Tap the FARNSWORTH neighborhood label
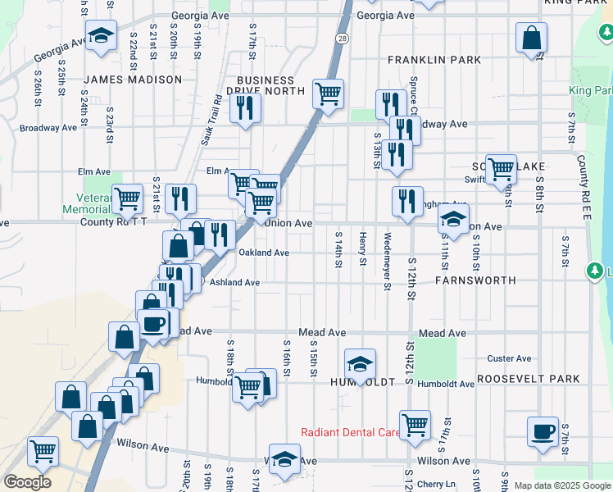point(475,280)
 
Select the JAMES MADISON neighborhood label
point(133,80)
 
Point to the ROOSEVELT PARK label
point(529,379)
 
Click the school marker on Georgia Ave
point(101,35)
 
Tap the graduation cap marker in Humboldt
point(359,363)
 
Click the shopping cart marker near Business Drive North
point(328,93)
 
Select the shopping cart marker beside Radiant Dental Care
point(415,424)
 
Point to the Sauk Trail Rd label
point(211,121)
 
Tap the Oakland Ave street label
point(264,253)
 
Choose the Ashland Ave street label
point(234,282)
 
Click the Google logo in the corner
point(27,482)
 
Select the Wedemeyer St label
point(386,262)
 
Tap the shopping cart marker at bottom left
point(43,449)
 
